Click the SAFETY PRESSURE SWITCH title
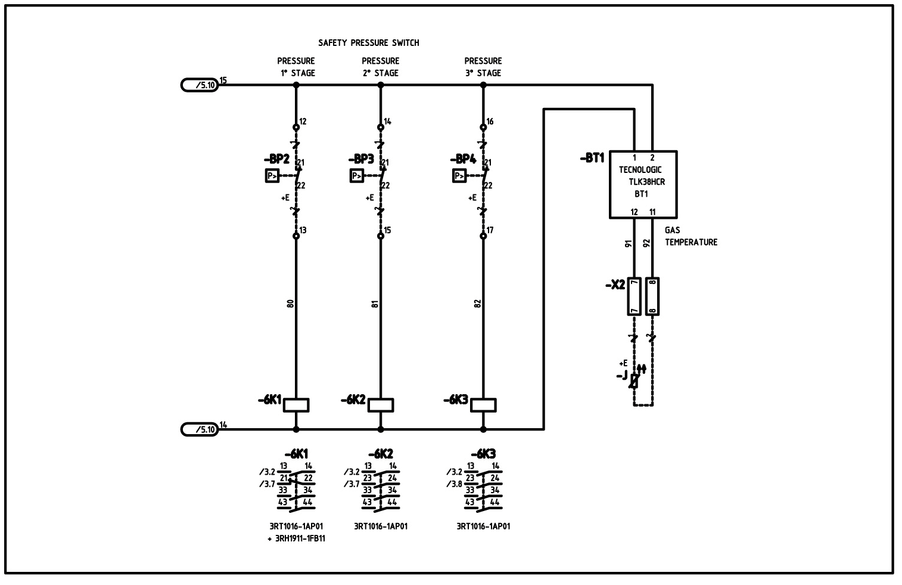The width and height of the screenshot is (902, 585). [x=368, y=43]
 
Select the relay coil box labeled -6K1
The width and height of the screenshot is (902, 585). [x=296, y=405]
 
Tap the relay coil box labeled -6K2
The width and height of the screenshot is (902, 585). [x=381, y=405]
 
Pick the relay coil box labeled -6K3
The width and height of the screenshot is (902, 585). [x=483, y=405]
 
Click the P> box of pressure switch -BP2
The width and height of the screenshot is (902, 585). [x=272, y=176]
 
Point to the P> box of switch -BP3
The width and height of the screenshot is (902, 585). [x=356, y=176]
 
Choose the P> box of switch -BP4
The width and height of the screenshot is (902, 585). [x=459, y=176]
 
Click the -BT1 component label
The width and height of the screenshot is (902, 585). [x=592, y=158]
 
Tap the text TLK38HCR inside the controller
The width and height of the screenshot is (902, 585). [x=647, y=182]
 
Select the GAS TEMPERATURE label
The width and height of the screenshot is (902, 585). [x=691, y=236]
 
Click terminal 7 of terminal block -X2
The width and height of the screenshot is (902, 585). [x=634, y=296]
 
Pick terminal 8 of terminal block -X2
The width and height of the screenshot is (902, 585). [x=652, y=296]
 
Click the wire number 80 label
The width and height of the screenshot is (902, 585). [x=290, y=304]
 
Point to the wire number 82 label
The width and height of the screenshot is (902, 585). [x=477, y=304]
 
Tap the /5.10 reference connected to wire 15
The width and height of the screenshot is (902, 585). [x=201, y=85]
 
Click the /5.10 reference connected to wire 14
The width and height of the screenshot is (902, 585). [x=201, y=429]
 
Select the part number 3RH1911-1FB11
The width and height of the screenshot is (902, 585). [x=296, y=538]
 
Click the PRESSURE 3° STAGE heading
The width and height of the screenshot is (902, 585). [x=483, y=67]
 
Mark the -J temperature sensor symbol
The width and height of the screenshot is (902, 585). [x=634, y=380]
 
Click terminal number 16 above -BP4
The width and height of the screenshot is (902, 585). [x=490, y=122]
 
